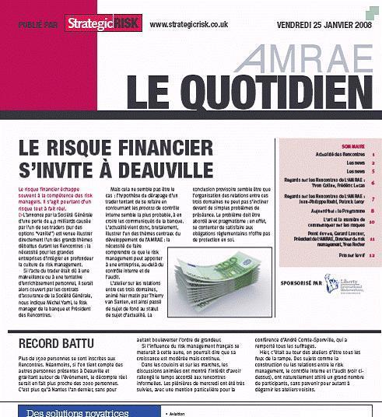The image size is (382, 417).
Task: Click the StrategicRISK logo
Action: click(x=103, y=25)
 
